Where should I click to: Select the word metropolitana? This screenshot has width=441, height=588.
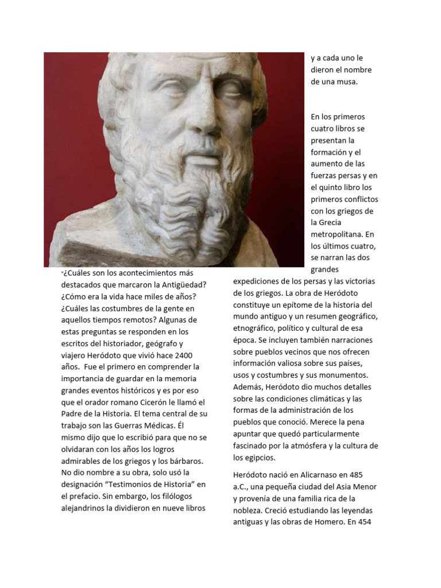coord(336,234)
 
